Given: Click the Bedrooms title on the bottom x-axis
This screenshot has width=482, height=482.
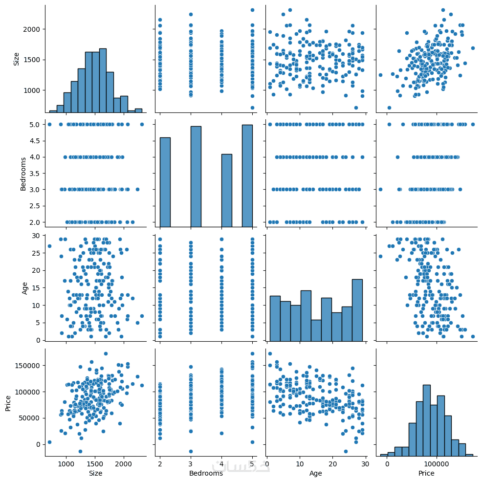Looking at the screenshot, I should [205, 473].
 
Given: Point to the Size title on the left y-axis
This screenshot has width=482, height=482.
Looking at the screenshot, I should [16, 59].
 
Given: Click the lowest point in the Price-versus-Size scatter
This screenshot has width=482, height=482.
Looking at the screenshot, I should [81, 451].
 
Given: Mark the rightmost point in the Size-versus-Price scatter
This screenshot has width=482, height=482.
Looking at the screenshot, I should [473, 48].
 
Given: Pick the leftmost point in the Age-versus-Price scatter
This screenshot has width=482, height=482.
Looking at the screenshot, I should [380, 256].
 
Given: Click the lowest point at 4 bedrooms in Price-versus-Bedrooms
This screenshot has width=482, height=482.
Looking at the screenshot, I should [221, 433].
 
